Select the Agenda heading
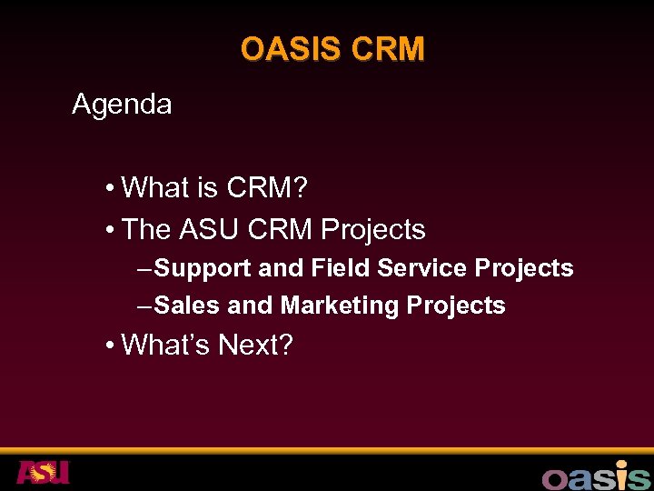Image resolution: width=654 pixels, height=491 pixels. (122, 105)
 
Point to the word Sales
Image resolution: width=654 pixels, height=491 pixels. (187, 306)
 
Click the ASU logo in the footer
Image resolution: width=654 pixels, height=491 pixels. (43, 473)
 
